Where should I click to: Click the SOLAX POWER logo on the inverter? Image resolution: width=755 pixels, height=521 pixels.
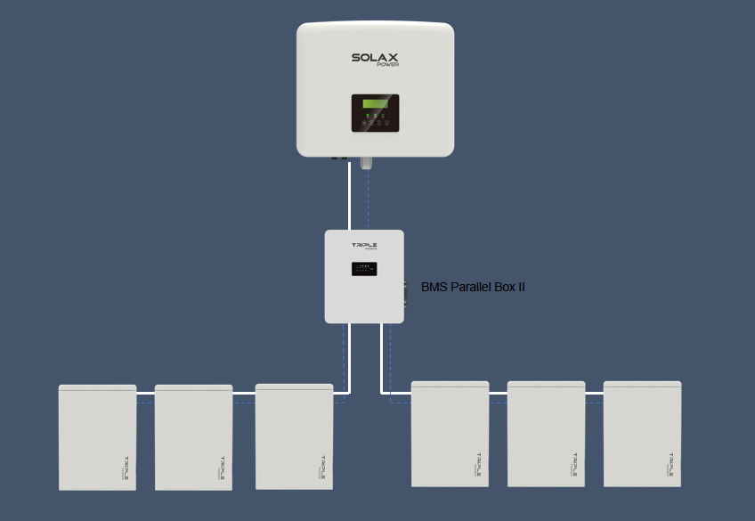click(374, 59)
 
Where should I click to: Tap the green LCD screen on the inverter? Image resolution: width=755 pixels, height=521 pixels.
click(374, 104)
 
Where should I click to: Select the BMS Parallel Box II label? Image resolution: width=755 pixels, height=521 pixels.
click(473, 287)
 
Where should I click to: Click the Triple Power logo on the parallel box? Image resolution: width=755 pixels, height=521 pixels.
click(364, 246)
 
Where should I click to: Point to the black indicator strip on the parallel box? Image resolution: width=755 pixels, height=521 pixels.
click(363, 267)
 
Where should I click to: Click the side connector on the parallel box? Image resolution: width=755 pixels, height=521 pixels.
click(406, 291)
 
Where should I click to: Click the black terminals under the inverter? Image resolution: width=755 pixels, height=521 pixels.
click(340, 159)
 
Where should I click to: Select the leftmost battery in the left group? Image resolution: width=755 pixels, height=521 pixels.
click(98, 437)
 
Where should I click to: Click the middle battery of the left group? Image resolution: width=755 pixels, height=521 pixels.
click(194, 437)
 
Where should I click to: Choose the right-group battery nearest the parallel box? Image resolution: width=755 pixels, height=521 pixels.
click(451, 434)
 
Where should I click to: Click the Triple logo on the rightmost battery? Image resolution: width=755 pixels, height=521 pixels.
click(670, 464)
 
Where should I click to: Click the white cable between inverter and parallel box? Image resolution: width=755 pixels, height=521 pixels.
click(349, 196)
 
